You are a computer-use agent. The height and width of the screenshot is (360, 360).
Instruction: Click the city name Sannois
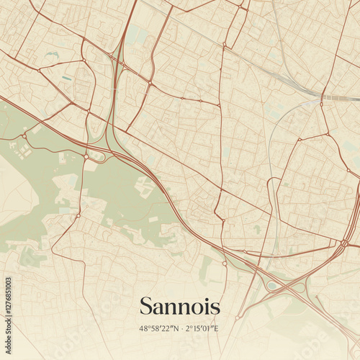[180, 306]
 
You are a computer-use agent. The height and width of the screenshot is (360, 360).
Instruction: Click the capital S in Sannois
[146, 306]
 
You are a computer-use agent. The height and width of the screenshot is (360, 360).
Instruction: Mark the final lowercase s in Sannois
[215, 307]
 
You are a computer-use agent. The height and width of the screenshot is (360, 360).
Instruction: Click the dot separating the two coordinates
[180, 328]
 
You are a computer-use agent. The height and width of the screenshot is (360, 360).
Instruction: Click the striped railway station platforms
[336, 96]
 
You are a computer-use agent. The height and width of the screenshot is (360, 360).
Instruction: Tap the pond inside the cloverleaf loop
[272, 285]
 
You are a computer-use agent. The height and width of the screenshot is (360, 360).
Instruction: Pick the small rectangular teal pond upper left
[66, 78]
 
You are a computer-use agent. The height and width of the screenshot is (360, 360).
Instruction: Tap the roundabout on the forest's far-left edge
[24, 135]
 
